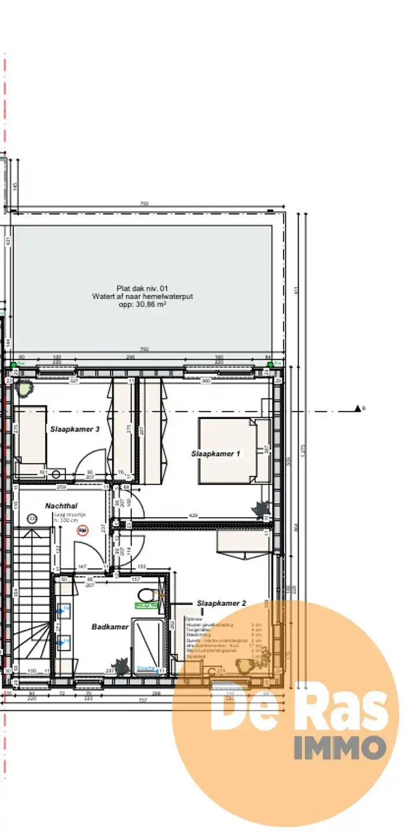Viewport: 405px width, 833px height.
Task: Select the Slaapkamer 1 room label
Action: (x=215, y=454)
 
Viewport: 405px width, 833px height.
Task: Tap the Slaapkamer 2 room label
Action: (x=222, y=603)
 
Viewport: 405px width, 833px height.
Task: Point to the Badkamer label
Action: (x=110, y=626)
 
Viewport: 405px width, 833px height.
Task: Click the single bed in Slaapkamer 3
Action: (x=30, y=435)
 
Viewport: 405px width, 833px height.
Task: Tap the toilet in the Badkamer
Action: (x=147, y=594)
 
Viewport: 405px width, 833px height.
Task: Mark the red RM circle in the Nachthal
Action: (x=83, y=529)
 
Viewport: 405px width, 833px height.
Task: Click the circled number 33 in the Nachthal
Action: (x=32, y=519)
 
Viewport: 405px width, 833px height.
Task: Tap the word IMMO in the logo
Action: (x=340, y=747)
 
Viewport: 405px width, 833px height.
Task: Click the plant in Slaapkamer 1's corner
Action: (x=259, y=509)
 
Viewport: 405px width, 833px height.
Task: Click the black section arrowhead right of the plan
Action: (x=358, y=409)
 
